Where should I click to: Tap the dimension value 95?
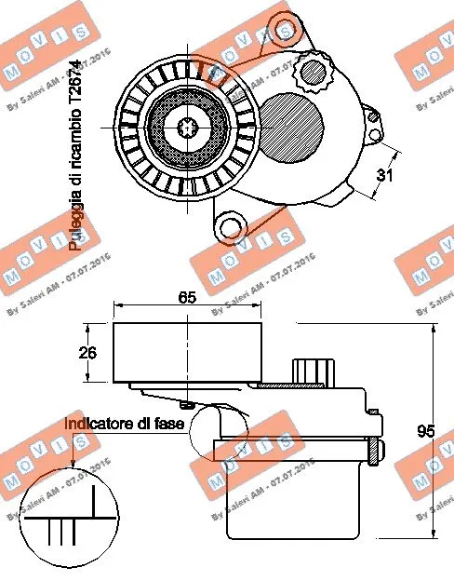pos(427,431)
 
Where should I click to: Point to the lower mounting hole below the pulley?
pos(229,224)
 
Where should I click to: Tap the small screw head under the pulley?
pos(190,403)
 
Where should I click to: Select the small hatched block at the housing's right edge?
pos(374,453)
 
